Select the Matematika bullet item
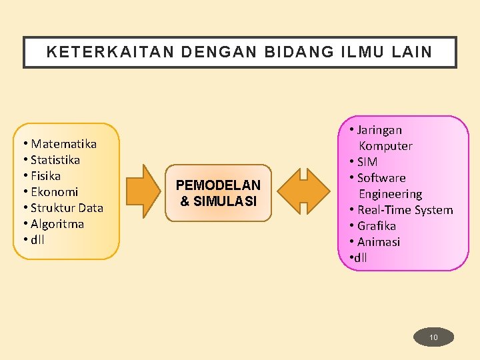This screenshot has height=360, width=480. [x=63, y=144]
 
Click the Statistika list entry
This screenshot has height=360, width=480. [x=55, y=160]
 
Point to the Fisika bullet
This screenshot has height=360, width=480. [x=45, y=176]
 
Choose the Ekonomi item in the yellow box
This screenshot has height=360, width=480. [x=54, y=192]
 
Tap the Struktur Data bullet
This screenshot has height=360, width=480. [x=67, y=208]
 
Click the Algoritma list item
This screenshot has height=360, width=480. [x=57, y=224]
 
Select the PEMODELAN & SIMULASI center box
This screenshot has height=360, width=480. [x=218, y=193]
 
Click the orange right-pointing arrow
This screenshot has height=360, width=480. [x=143, y=193]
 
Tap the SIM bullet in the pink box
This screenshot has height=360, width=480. [x=367, y=162]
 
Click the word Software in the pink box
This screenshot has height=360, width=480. [x=381, y=178]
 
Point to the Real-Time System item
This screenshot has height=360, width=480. [x=405, y=210]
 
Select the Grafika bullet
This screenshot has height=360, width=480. [x=377, y=226]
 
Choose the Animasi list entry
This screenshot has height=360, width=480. [x=379, y=242]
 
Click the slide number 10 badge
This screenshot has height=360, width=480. [x=433, y=337]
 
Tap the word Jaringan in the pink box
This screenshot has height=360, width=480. [x=379, y=130]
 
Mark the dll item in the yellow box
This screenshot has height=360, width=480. [x=37, y=240]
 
